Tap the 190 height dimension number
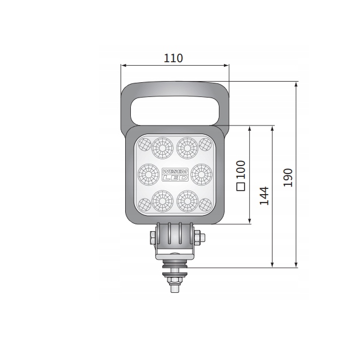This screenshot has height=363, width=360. tap(288, 178)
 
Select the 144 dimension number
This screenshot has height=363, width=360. tap(263, 196)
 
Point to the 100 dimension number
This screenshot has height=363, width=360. tap(241, 170)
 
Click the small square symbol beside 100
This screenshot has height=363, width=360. tap(241, 186)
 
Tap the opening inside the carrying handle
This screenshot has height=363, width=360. tap(174, 110)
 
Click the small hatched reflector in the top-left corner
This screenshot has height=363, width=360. tap(144, 143)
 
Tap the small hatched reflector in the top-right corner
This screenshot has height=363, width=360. tap(206, 143)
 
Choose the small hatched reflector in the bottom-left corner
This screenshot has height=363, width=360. tap(144, 203)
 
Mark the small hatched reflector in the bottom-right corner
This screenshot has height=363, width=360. tap(206, 203)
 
